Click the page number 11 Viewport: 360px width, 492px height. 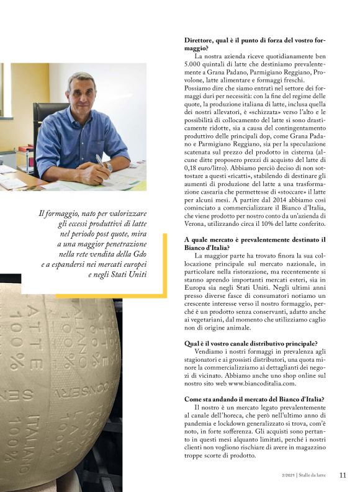pyautogui.click(x=343, y=475)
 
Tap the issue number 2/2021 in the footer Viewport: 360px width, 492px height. pyautogui.click(x=287, y=476)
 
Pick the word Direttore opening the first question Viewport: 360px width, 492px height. pyautogui.click(x=201, y=38)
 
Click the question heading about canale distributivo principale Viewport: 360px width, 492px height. pyautogui.click(x=250, y=343)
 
